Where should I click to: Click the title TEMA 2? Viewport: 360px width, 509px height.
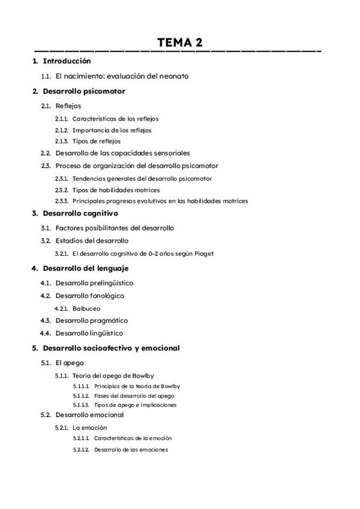click(x=180, y=43)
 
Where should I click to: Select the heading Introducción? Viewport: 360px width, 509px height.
click(x=67, y=61)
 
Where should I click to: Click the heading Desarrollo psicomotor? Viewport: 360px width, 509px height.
click(x=83, y=91)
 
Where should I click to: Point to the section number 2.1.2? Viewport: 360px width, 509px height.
click(x=61, y=130)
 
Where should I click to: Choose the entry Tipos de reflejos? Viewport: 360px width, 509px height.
click(x=96, y=142)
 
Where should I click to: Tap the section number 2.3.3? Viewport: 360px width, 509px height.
click(x=61, y=201)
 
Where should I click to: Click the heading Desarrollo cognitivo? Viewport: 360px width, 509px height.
click(x=80, y=213)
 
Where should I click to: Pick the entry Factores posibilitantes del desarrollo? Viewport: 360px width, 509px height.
click(x=114, y=228)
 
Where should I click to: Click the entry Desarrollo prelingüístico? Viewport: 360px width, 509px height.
click(x=94, y=283)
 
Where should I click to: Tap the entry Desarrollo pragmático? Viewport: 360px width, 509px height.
click(x=91, y=321)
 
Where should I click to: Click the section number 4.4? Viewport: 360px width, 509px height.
click(x=46, y=333)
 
